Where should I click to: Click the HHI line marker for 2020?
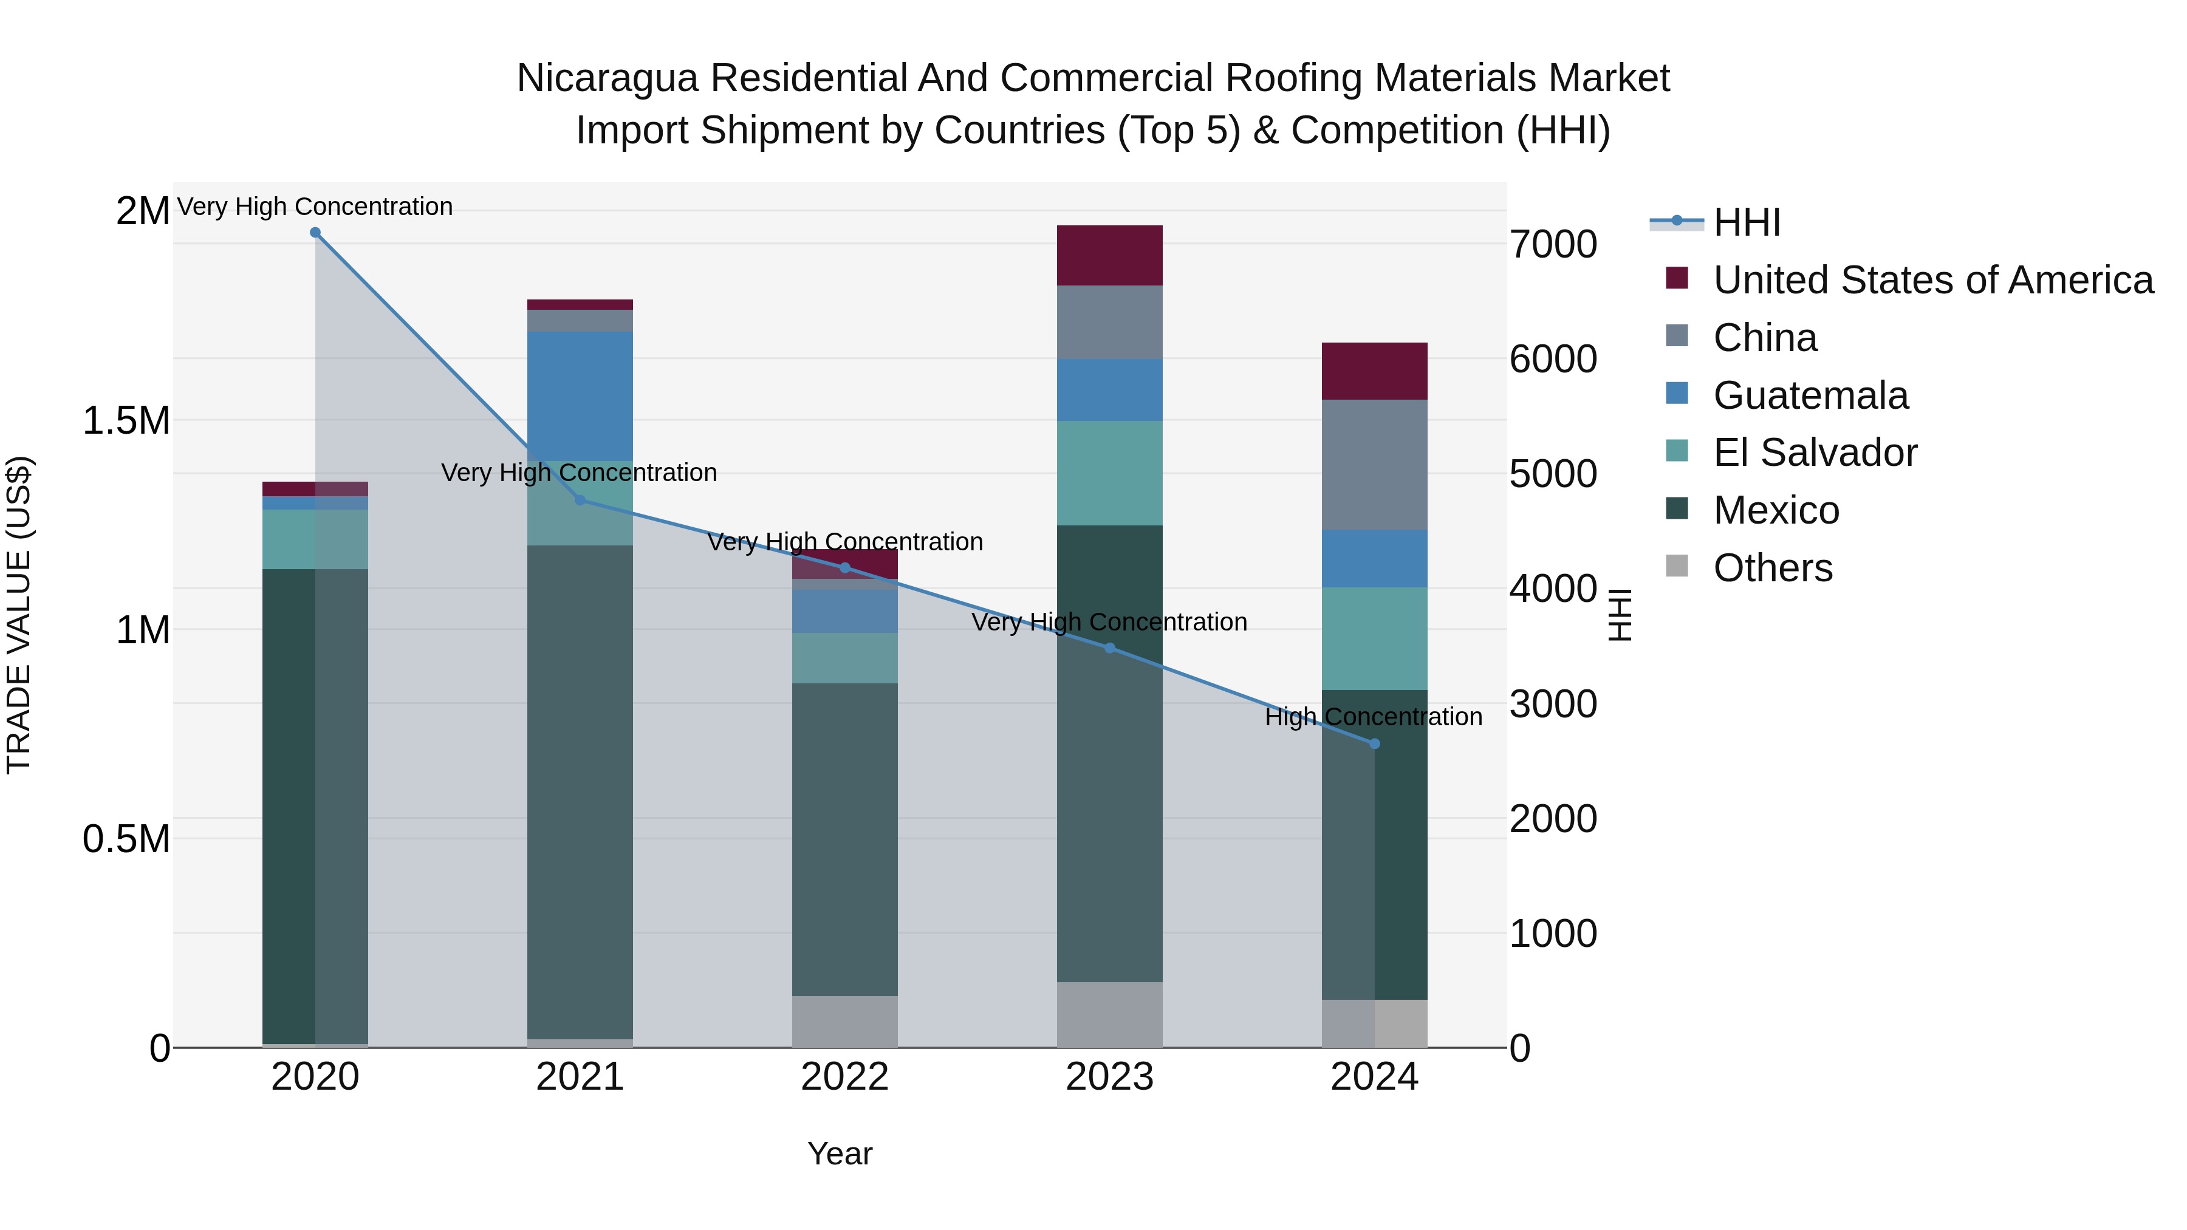point(315,233)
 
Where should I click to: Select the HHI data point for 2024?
point(1375,743)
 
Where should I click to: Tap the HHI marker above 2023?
point(1110,647)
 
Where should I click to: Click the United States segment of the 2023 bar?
point(1110,256)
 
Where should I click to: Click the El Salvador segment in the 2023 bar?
point(1110,473)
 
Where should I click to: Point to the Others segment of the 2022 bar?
point(845,1021)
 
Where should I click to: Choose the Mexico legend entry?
point(1776,510)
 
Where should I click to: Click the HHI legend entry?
point(1747,222)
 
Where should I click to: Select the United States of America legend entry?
point(1932,280)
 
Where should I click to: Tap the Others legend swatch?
point(1677,566)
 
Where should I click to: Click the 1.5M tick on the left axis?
point(126,421)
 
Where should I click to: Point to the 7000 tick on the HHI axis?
point(1553,244)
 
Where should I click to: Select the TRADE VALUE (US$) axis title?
point(19,615)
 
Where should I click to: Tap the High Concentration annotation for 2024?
point(1373,717)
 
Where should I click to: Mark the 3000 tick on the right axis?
point(1553,704)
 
